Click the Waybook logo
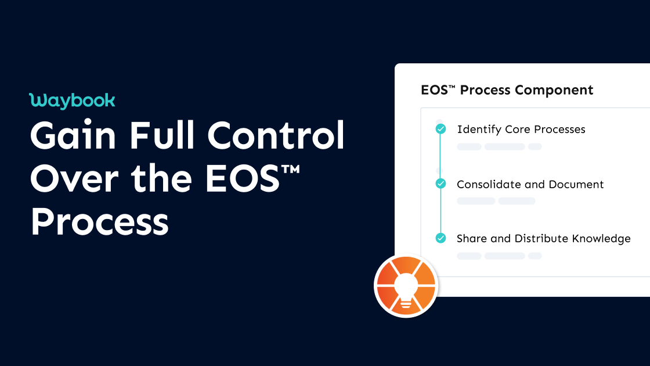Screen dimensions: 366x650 pyautogui.click(x=72, y=101)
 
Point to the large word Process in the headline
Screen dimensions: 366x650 pyautogui.click(x=99, y=222)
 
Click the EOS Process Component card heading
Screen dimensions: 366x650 pyautogui.click(x=507, y=90)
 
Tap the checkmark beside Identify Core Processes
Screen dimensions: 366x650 pyautogui.click(x=440, y=129)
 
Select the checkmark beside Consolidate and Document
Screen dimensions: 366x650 pyautogui.click(x=440, y=184)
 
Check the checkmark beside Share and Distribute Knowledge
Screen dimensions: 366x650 pyautogui.click(x=440, y=238)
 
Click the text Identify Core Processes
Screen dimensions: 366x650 pyautogui.click(x=521, y=129)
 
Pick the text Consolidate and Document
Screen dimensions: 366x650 pyautogui.click(x=530, y=184)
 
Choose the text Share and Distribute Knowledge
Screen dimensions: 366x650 pyautogui.click(x=543, y=238)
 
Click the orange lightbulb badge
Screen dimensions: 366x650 pyautogui.click(x=406, y=286)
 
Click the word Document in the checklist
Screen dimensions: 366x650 pyautogui.click(x=576, y=184)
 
